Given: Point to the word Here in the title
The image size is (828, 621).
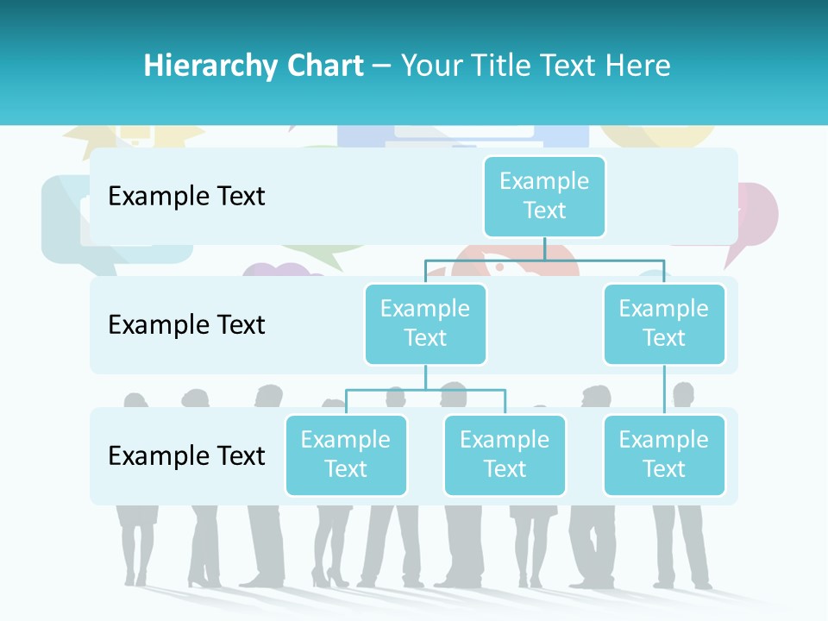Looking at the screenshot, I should pyautogui.click(x=637, y=66).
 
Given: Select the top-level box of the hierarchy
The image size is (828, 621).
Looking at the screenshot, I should pyautogui.click(x=544, y=196).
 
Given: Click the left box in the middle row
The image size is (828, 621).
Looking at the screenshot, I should pyautogui.click(x=425, y=323).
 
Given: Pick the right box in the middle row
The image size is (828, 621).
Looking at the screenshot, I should pyautogui.click(x=664, y=323).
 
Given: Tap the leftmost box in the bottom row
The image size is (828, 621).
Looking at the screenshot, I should pyautogui.click(x=346, y=455).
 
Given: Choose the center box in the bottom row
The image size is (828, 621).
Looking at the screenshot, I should pyautogui.click(x=505, y=455).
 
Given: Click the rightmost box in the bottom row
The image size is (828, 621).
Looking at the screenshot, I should pyautogui.click(x=664, y=455).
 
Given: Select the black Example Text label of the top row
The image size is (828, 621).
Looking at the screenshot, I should pyautogui.click(x=186, y=196).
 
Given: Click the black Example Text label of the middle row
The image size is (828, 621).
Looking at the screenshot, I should pyautogui.click(x=186, y=324).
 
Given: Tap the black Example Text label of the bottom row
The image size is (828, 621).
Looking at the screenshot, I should pyautogui.click(x=186, y=455).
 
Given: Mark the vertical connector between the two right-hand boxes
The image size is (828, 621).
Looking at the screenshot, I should pyautogui.click(x=664, y=389).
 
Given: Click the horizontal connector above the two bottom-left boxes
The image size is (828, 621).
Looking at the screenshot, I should pyautogui.click(x=425, y=390).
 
